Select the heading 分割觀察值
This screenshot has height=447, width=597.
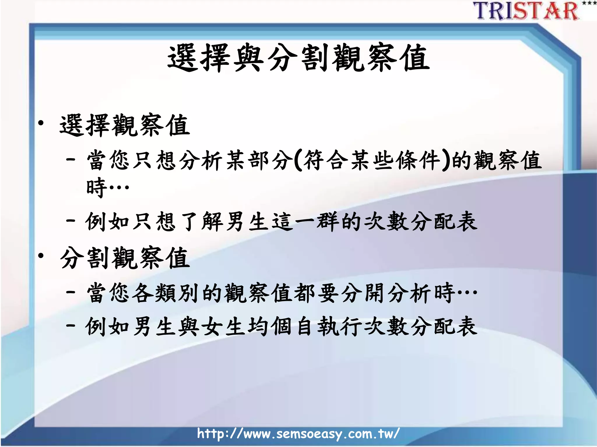pyautogui.click(x=125, y=258)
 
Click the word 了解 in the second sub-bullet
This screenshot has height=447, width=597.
pyautogui.click(x=201, y=222)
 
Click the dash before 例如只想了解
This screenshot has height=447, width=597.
pyautogui.click(x=71, y=220)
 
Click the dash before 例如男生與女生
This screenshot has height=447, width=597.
pyautogui.click(x=71, y=325)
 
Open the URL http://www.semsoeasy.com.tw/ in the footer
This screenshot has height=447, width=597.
pyautogui.click(x=298, y=434)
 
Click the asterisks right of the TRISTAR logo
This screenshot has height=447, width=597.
pyautogui.click(x=589, y=3)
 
